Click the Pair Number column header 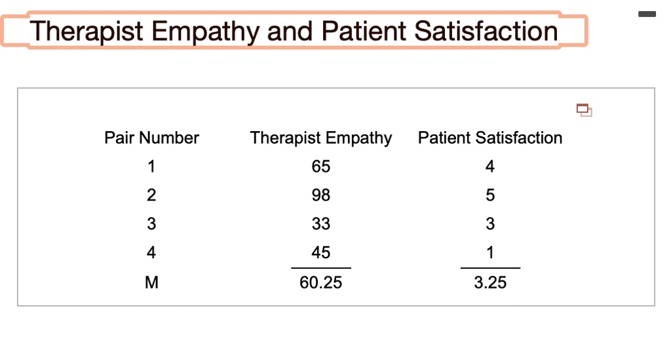pyautogui.click(x=151, y=138)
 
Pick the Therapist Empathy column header pyautogui.click(x=320, y=138)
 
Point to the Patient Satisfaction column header pyautogui.click(x=490, y=138)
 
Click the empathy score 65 pyautogui.click(x=321, y=167)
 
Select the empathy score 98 pyautogui.click(x=321, y=195)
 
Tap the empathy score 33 pyautogui.click(x=321, y=224)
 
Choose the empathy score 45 pyautogui.click(x=321, y=252)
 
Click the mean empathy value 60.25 pyautogui.click(x=321, y=283)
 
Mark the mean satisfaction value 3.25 pyautogui.click(x=490, y=283)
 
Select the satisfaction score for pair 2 pyautogui.click(x=490, y=195)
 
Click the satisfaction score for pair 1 pyautogui.click(x=490, y=167)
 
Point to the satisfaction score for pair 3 pyautogui.click(x=490, y=224)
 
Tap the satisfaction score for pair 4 pyautogui.click(x=490, y=252)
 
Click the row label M pyautogui.click(x=151, y=283)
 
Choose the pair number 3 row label pyautogui.click(x=151, y=224)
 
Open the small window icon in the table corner pyautogui.click(x=584, y=110)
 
